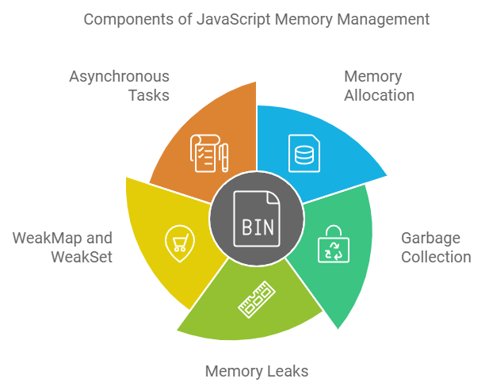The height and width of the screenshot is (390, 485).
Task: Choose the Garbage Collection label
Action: (435, 247)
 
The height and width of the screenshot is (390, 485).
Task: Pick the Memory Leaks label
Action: (256, 371)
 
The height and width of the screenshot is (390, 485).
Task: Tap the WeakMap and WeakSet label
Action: (62, 247)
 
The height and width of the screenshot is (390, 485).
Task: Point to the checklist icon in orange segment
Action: (204, 153)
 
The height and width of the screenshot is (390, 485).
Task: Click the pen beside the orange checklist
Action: (225, 156)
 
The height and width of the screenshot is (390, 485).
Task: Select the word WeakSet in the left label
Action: (82, 257)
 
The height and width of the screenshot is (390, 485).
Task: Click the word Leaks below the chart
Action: (287, 371)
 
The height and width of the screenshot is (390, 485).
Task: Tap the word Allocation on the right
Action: (379, 95)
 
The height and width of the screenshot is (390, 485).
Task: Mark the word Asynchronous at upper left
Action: (119, 76)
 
